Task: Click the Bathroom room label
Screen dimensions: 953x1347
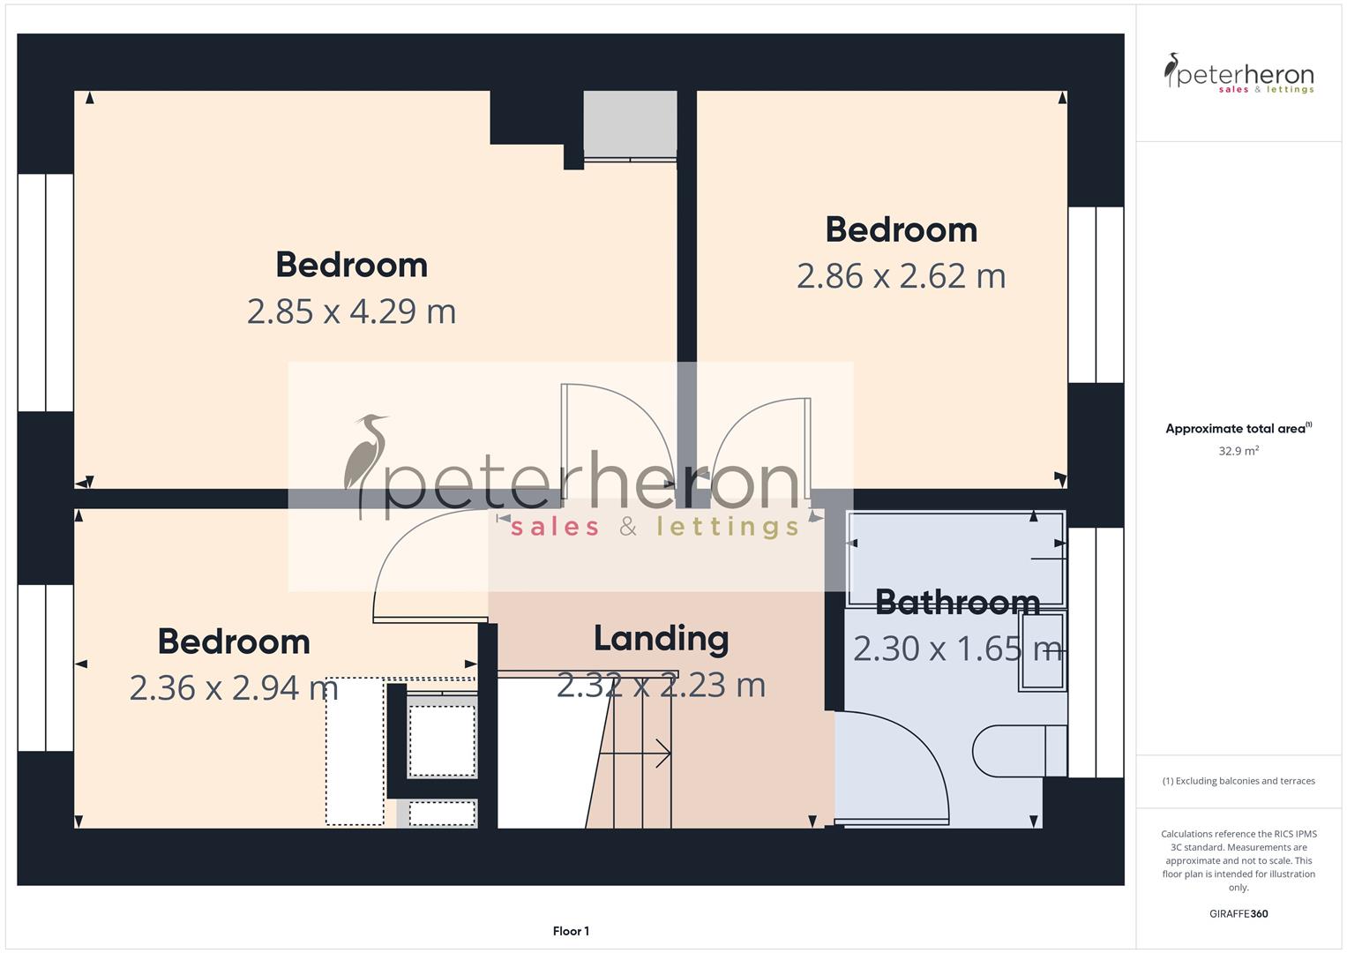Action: (957, 603)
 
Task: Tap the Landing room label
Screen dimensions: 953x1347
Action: (661, 639)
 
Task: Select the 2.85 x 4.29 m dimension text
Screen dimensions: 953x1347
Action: (351, 311)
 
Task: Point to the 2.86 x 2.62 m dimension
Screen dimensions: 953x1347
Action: (901, 276)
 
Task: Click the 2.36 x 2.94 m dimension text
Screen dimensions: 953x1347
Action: (234, 688)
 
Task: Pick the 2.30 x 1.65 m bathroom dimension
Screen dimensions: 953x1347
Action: (957, 649)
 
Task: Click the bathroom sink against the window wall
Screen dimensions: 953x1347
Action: (1042, 664)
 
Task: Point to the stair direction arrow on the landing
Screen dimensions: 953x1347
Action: (635, 754)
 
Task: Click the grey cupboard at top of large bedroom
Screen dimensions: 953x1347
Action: (630, 124)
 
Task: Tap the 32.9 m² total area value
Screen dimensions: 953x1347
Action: (1238, 451)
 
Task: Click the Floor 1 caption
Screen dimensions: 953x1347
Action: (571, 931)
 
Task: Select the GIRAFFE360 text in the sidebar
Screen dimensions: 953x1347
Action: (1238, 913)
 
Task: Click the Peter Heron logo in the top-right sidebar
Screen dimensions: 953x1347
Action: (1238, 74)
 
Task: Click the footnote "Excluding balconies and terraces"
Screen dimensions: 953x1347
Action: (1238, 781)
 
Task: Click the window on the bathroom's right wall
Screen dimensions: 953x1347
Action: (1096, 652)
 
